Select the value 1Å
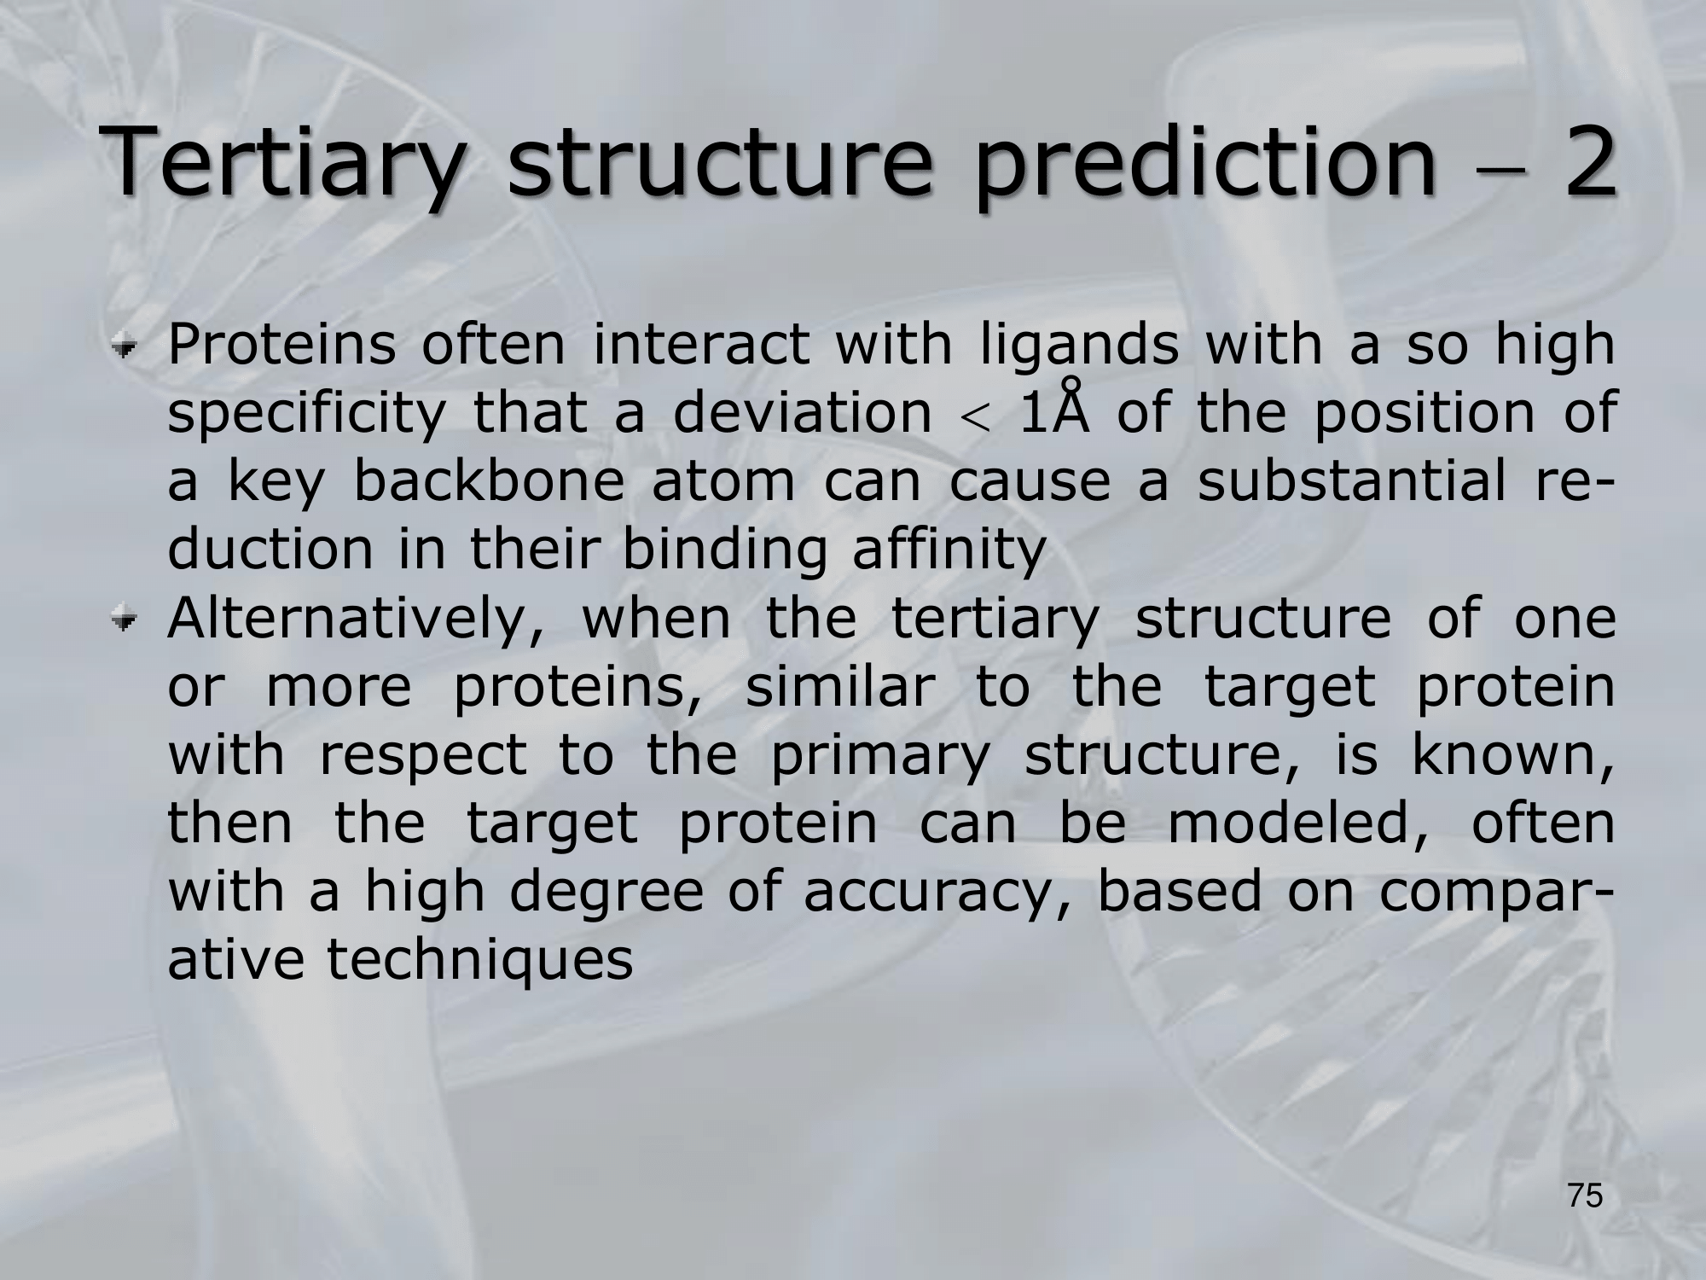(1053, 409)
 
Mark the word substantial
(1351, 481)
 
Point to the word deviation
(802, 413)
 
